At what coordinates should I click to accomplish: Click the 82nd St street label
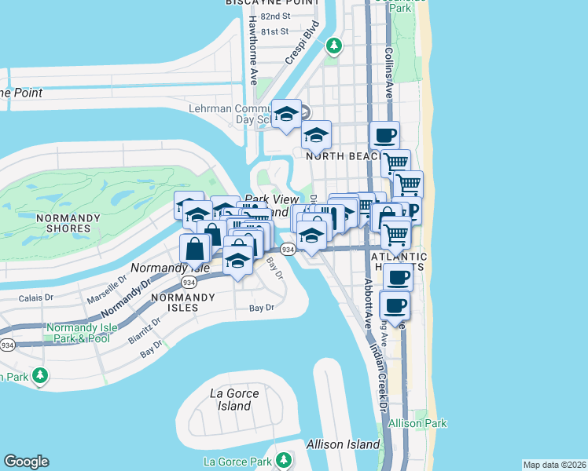(274, 16)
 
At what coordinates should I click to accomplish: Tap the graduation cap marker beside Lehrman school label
(286, 113)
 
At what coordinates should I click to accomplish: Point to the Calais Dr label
(37, 298)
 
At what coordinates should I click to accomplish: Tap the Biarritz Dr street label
(147, 330)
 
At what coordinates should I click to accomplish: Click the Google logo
(26, 462)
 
